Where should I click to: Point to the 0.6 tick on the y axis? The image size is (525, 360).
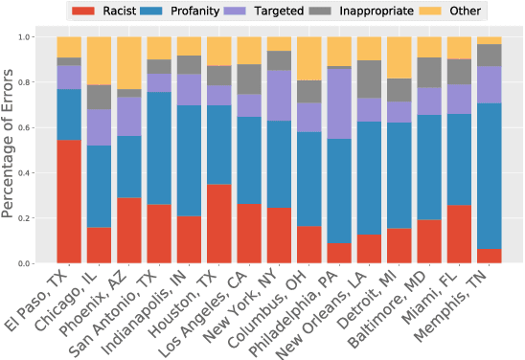[37, 127]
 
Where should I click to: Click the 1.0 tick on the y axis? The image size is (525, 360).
[37, 37]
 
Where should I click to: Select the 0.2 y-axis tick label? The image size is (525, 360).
[37, 218]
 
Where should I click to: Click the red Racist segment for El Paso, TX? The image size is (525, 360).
[69, 201]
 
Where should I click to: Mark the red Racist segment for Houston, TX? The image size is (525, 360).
[219, 223]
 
